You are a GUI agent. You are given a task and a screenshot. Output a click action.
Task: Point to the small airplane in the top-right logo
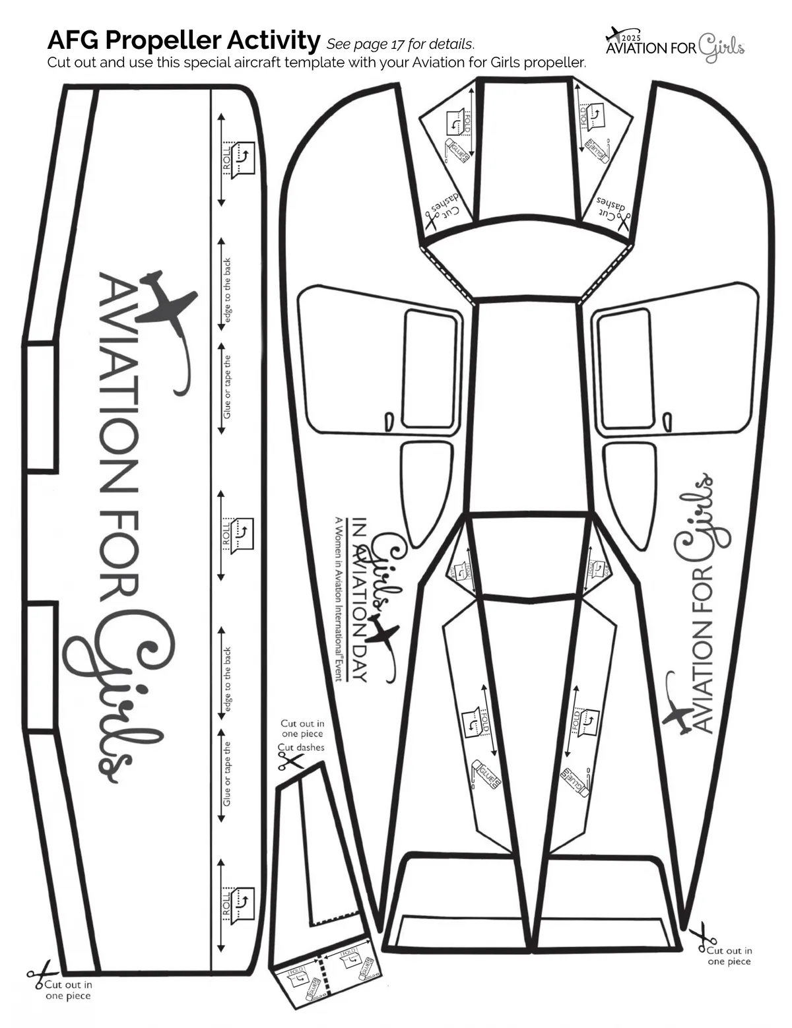[614, 33]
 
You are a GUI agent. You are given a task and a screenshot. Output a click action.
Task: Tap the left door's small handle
[388, 420]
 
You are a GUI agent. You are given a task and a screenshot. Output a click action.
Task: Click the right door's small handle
[667, 420]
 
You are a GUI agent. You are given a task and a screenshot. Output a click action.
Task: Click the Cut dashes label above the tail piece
[301, 748]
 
